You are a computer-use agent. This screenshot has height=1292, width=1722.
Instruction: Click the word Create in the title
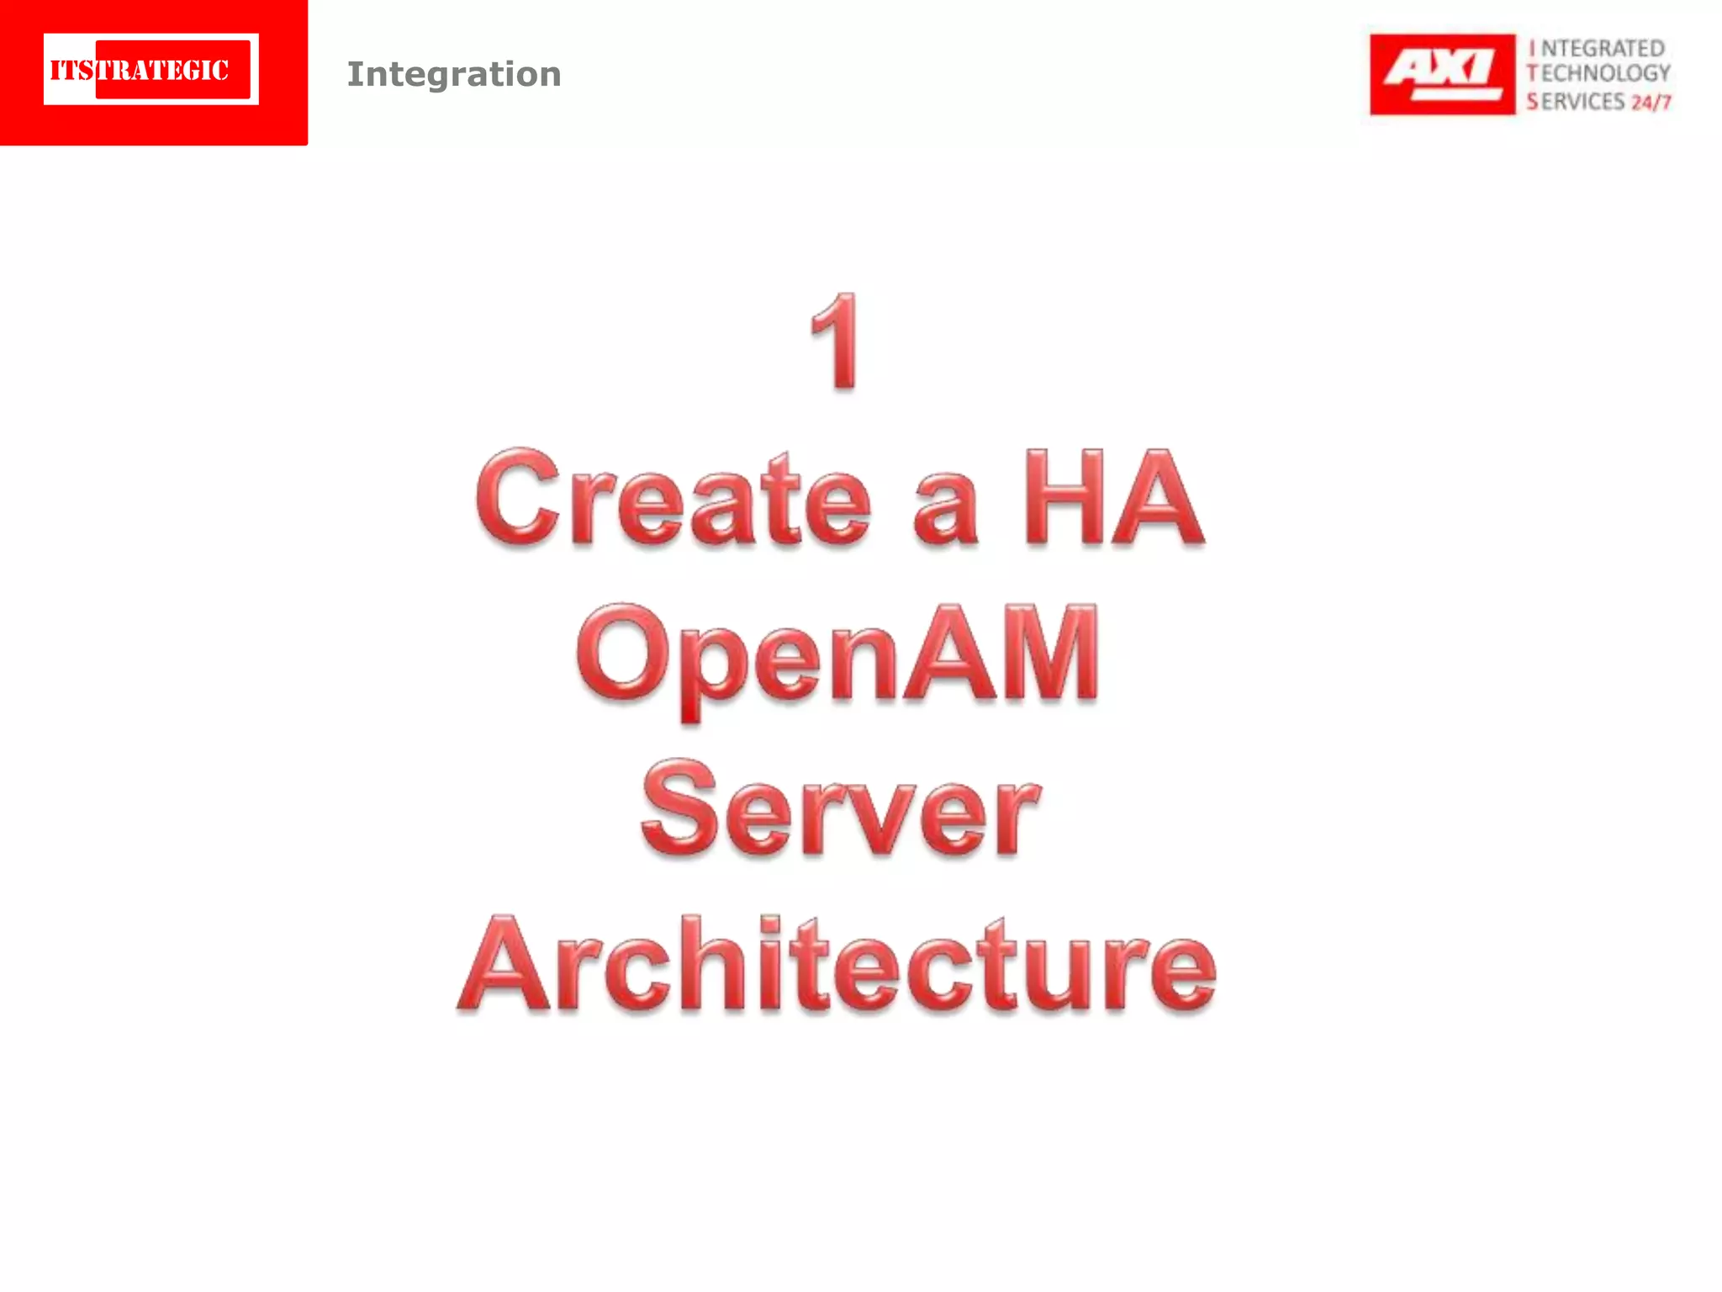(673, 498)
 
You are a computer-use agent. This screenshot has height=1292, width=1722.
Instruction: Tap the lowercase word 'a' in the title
(945, 507)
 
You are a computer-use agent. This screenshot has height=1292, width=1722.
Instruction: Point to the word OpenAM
(837, 654)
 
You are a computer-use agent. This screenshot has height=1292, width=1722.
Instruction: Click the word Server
(840, 809)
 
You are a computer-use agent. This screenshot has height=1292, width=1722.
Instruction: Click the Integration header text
(454, 74)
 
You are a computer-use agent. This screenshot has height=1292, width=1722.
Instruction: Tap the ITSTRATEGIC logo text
(140, 70)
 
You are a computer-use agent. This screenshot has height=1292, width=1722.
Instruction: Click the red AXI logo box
(1442, 74)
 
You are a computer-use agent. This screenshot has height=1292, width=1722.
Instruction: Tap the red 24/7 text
(1651, 103)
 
